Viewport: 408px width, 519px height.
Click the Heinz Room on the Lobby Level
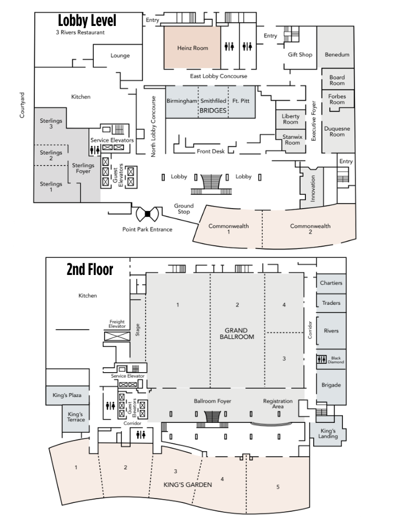tap(192, 47)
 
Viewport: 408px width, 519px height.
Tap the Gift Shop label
tap(300, 55)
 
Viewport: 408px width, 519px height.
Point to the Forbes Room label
tap(337, 99)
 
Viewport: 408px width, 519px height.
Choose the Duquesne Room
tap(337, 131)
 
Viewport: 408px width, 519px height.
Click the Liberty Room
tap(291, 119)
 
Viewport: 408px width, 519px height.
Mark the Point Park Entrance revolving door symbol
tap(147, 214)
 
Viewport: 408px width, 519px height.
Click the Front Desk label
tap(211, 151)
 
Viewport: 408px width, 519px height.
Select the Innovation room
tap(312, 188)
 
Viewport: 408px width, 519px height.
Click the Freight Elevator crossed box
tap(117, 336)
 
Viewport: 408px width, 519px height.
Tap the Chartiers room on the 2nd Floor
tap(331, 283)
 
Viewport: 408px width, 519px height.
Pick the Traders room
tap(331, 303)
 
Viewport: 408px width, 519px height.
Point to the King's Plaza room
tap(67, 395)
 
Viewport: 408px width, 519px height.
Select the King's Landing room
tap(328, 433)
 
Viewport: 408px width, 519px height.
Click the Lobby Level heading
tap(87, 20)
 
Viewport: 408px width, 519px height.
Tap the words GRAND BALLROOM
tap(237, 333)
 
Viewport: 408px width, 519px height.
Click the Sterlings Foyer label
tap(83, 168)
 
